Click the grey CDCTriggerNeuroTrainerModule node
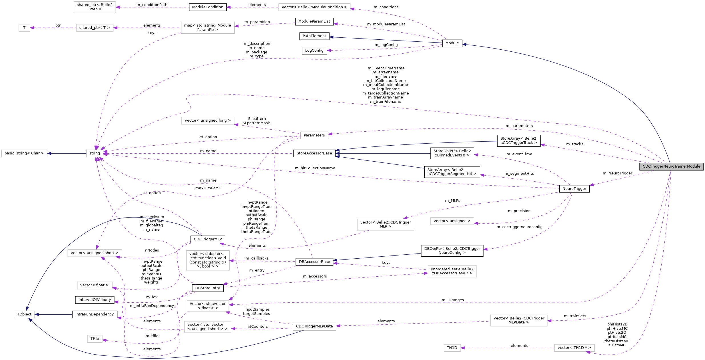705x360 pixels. [671, 166]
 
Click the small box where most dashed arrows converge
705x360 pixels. [95, 153]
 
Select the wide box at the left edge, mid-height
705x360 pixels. [24, 153]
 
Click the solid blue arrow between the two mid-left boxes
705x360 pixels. [67, 153]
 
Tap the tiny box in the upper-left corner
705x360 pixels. [24, 28]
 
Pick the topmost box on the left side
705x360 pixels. [95, 7]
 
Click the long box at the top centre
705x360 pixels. [314, 7]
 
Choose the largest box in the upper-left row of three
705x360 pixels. [208, 28]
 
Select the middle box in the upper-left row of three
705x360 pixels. [95, 28]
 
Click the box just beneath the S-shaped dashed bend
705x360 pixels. [208, 120]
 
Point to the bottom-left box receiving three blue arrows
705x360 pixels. [24, 314]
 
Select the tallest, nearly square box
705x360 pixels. [208, 260]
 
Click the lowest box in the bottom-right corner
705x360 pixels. [574, 348]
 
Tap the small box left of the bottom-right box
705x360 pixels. [452, 348]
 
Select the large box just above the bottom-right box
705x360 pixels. [519, 321]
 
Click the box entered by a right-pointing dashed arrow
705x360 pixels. [452, 271]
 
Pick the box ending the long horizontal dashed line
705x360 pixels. [208, 306]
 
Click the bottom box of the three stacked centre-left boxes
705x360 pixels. [208, 327]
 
